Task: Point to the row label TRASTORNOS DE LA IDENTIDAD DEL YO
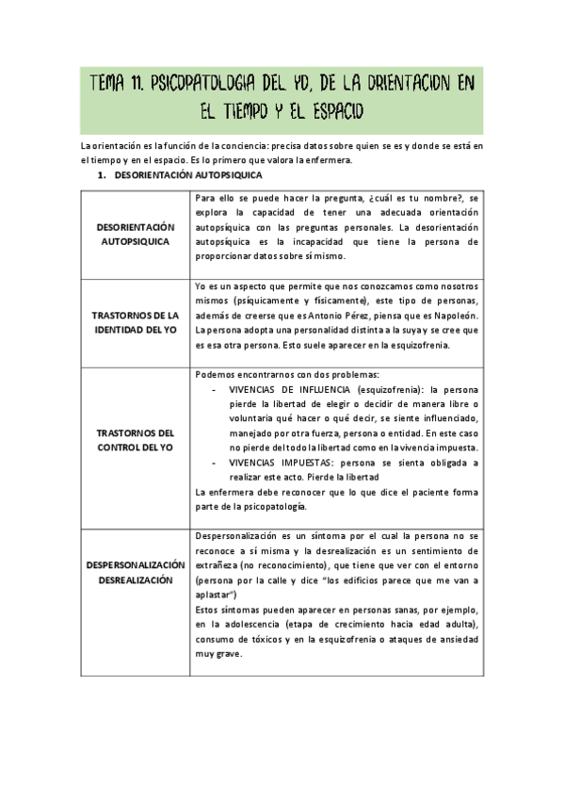tap(136, 321)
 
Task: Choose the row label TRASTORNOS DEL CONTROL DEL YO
tap(136, 439)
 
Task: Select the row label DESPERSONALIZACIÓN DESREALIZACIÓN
tap(136, 572)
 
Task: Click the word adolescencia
tap(249, 626)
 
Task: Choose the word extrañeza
tap(218, 565)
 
